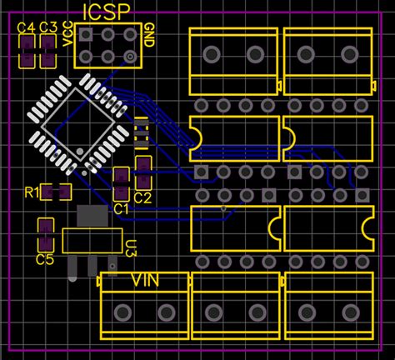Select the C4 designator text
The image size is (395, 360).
[26, 27]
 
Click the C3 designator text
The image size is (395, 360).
[47, 27]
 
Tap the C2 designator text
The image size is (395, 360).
[142, 197]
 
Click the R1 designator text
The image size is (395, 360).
[32, 193]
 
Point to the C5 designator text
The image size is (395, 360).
[45, 260]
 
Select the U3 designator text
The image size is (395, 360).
[131, 247]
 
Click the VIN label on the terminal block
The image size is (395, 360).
[146, 280]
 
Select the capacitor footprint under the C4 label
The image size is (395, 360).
[26, 52]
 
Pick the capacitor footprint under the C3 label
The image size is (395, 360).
[47, 52]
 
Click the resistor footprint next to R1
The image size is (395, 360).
[57, 192]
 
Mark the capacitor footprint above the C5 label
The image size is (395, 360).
[44, 235]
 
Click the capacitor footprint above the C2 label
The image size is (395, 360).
[142, 173]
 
